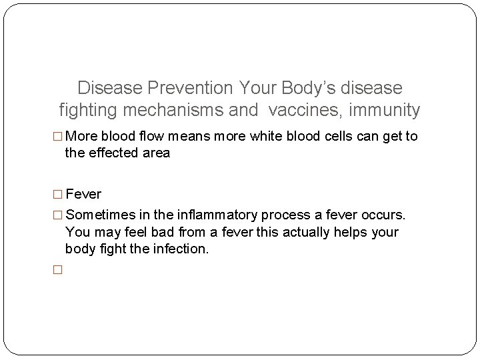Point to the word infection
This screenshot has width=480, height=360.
[179, 249]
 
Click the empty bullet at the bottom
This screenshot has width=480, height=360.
[57, 271]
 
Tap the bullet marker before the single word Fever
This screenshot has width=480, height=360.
[57, 195]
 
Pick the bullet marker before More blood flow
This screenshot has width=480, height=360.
[57, 137]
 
